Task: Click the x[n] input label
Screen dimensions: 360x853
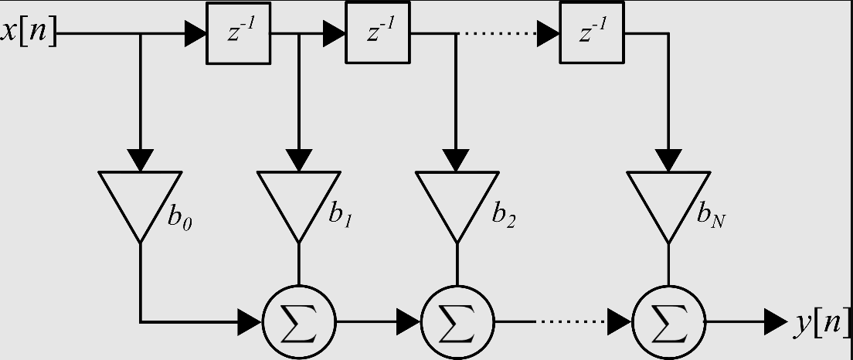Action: [x=29, y=33]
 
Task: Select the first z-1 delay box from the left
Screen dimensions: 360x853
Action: [x=238, y=33]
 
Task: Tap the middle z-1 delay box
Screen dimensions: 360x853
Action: [x=377, y=33]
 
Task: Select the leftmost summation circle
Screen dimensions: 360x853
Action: [x=298, y=322]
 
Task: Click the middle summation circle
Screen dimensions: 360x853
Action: [x=457, y=322]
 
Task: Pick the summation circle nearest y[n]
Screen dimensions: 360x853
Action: [x=669, y=322]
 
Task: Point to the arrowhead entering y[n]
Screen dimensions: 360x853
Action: [x=775, y=322]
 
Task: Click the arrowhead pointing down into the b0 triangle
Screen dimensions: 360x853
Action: [x=140, y=158]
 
